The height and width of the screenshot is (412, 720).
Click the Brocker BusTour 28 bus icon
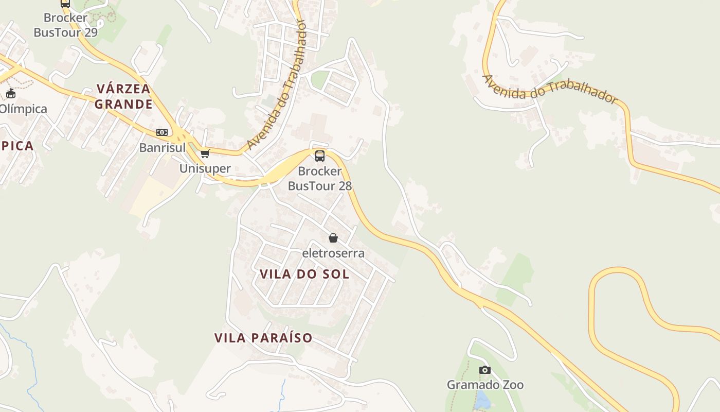tap(320, 156)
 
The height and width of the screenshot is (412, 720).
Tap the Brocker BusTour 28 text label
tap(320, 178)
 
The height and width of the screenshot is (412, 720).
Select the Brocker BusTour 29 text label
tap(65, 25)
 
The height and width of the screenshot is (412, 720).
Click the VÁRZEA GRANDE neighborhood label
tap(123, 96)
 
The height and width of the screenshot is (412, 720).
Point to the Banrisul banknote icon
tap(162, 132)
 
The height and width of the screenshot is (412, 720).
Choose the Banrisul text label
tap(162, 148)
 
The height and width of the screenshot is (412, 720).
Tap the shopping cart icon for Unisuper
tap(205, 153)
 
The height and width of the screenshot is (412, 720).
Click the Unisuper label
tap(205, 168)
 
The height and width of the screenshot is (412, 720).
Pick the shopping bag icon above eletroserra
tap(333, 238)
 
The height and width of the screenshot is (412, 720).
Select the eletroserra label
tap(333, 253)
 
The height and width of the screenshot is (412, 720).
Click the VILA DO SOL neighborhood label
tap(304, 274)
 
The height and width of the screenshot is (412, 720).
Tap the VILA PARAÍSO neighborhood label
tap(263, 338)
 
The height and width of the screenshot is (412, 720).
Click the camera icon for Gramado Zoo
tap(484, 370)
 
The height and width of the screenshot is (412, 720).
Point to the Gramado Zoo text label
tap(485, 385)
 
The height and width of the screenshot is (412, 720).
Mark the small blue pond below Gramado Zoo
tap(482, 400)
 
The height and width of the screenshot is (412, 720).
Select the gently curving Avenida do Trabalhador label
tap(549, 89)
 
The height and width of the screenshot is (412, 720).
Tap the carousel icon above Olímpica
tap(11, 93)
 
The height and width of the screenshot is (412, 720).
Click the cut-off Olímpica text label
tap(23, 109)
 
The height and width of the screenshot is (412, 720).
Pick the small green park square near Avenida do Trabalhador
tap(319, 79)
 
